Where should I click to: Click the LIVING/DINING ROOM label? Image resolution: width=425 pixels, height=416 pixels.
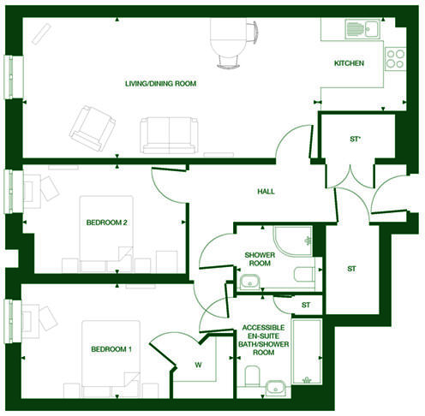pos(161,83)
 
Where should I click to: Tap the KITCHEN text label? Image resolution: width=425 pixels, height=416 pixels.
pos(349,63)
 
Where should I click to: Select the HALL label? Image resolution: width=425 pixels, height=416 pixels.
pos(266,191)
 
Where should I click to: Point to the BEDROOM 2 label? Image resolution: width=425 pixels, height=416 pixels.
pos(107,223)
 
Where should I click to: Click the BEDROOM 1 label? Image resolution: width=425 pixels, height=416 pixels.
pos(111,349)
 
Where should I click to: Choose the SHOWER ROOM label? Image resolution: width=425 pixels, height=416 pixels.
pos(259,259)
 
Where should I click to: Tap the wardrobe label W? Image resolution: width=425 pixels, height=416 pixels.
pos(198,366)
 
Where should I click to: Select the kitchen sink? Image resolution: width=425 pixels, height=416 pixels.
pos(362,29)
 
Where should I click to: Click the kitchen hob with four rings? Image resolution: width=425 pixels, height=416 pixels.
pos(394,59)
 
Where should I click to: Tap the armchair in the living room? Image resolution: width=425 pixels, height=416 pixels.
pos(92,126)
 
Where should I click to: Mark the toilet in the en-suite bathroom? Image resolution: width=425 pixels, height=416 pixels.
pos(251,375)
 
